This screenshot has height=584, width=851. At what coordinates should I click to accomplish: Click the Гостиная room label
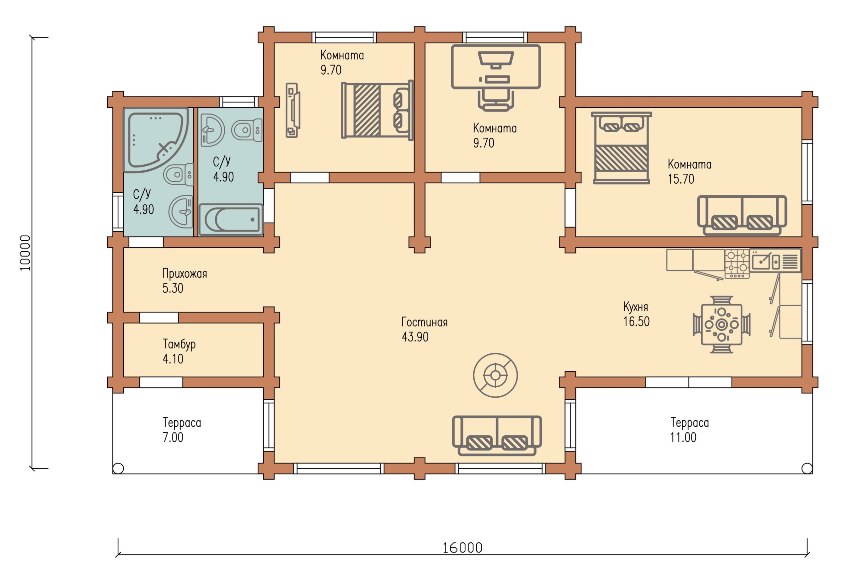(x=425, y=322)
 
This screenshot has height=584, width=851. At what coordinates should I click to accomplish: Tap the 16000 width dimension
(x=462, y=548)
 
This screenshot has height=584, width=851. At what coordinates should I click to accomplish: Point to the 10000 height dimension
(x=25, y=253)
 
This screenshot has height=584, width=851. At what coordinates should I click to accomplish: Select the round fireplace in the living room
(x=495, y=375)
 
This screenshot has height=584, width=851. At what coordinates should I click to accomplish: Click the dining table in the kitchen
(x=721, y=325)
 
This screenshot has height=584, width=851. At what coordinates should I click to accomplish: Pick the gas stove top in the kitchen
(x=737, y=263)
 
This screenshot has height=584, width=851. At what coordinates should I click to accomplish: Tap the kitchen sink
(x=765, y=261)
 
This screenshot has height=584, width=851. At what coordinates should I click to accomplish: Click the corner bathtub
(x=155, y=140)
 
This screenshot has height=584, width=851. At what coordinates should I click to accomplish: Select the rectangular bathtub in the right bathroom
(x=231, y=219)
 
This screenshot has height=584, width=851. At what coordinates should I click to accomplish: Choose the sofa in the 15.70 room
(x=742, y=215)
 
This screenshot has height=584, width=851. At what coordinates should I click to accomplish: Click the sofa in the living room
(x=497, y=436)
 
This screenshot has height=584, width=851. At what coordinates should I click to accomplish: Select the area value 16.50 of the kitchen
(x=636, y=321)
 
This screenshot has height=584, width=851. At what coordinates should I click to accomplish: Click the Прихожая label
(x=184, y=274)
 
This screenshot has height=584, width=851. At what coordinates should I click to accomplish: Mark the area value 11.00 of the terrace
(x=683, y=437)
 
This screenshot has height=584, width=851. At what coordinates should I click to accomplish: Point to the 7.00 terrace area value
(x=173, y=437)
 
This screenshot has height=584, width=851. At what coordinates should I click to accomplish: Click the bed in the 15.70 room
(x=621, y=148)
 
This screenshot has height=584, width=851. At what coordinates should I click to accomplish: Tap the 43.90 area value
(x=415, y=337)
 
